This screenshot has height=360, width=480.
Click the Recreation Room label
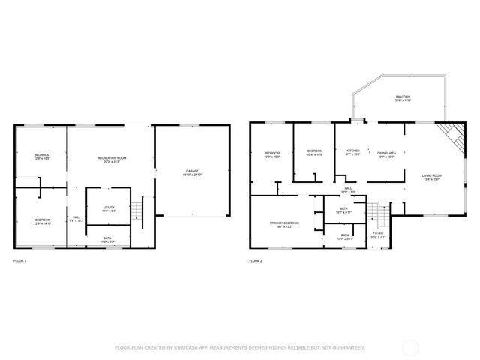click(x=111, y=159)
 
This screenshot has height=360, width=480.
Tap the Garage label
click(x=193, y=173)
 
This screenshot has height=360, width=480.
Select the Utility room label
click(x=108, y=209)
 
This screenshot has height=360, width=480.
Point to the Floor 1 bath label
click(x=108, y=239)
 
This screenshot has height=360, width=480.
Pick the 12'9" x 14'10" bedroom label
click(x=41, y=221)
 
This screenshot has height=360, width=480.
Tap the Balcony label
click(x=402, y=98)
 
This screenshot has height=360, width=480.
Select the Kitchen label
click(x=352, y=152)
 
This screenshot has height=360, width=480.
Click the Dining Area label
click(x=386, y=152)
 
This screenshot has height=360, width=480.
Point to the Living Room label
click(x=432, y=177)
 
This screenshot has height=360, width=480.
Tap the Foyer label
click(x=378, y=234)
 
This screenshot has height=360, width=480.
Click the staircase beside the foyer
click(x=383, y=217)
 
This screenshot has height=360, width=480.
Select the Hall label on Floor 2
click(x=348, y=190)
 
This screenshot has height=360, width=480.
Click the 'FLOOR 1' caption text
click(x=19, y=261)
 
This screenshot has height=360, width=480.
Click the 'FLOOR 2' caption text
click(x=256, y=261)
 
